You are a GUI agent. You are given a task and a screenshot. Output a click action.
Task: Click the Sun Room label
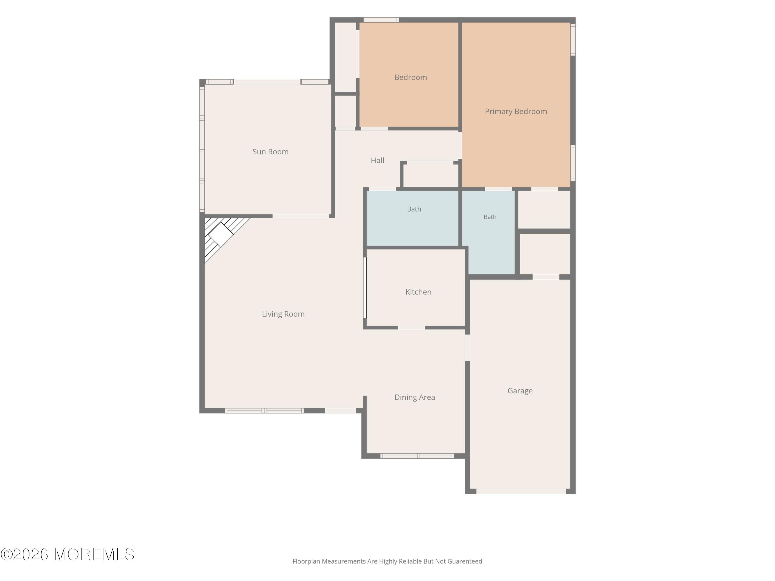pyautogui.click(x=270, y=152)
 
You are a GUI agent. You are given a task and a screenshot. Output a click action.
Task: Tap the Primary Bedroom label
pyautogui.click(x=516, y=111)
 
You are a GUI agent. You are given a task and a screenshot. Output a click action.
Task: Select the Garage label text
pyautogui.click(x=520, y=390)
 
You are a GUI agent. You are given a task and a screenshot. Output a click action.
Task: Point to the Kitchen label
pyautogui.click(x=418, y=292)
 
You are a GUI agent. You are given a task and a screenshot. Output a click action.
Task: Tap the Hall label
pyautogui.click(x=377, y=160)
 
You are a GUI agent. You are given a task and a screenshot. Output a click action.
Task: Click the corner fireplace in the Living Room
pyautogui.click(x=221, y=235)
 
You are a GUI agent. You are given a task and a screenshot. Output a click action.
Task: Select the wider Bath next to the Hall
pyautogui.click(x=412, y=218)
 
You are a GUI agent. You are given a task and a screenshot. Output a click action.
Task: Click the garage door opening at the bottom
pyautogui.click(x=521, y=491)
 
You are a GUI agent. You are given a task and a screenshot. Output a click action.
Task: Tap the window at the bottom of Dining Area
pyautogui.click(x=417, y=456)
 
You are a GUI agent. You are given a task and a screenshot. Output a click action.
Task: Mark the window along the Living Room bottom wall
pyautogui.click(x=264, y=411)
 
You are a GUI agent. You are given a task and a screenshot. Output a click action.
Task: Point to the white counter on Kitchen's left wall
pyautogui.click(x=365, y=288)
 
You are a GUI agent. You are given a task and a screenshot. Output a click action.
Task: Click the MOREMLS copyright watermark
pyautogui.click(x=67, y=554)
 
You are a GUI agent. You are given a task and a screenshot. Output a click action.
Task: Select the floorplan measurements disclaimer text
pyautogui.click(x=387, y=561)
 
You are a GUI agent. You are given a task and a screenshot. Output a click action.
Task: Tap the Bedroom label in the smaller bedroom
pyautogui.click(x=411, y=77)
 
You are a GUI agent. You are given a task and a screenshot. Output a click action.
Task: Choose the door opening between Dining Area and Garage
pyautogui.click(x=467, y=348)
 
